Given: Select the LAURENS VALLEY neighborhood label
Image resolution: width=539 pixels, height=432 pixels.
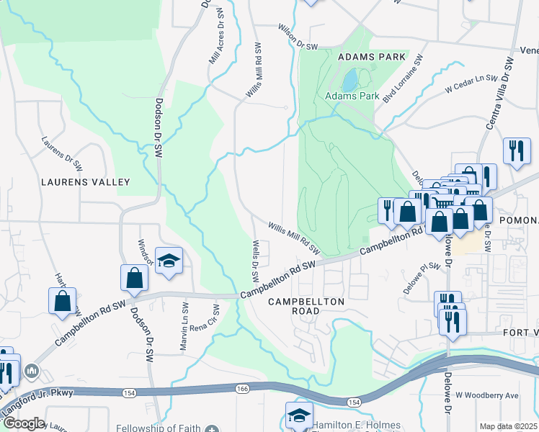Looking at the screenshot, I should [x=85, y=182].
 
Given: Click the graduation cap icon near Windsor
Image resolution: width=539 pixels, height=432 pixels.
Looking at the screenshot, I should [x=169, y=261].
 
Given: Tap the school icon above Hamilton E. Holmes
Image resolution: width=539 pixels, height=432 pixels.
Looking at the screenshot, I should [x=300, y=415].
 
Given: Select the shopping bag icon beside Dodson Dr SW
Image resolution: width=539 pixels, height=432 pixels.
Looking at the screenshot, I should [x=135, y=277].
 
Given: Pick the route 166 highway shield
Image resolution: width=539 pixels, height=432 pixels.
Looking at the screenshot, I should [x=240, y=389].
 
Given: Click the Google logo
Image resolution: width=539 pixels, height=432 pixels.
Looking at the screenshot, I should [x=24, y=423].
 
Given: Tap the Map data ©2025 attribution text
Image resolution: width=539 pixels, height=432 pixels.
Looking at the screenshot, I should [x=508, y=426].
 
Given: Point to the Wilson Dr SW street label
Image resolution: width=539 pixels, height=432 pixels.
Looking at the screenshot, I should [x=298, y=37].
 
